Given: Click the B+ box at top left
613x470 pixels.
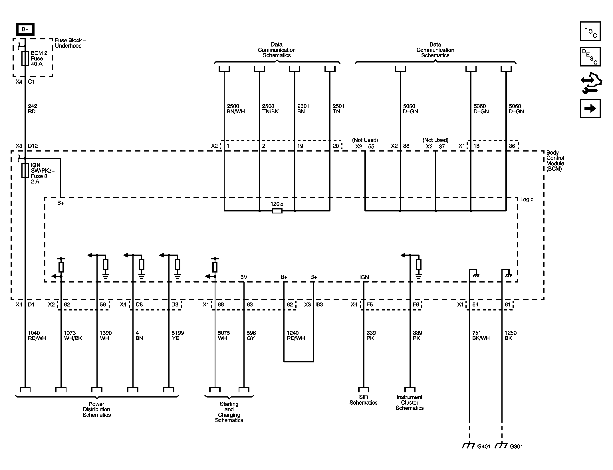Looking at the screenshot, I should pyautogui.click(x=25, y=29).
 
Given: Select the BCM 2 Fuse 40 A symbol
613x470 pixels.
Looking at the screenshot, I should pyautogui.click(x=25, y=59).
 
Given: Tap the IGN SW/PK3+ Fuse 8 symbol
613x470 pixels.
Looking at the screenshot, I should pyautogui.click(x=25, y=171).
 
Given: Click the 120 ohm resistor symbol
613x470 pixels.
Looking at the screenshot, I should pyautogui.click(x=277, y=211).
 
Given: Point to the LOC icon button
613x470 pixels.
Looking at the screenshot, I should pyautogui.click(x=590, y=31).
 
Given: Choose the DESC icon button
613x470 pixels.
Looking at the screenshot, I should pyautogui.click(x=590, y=57).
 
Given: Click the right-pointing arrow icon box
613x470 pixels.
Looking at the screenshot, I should pyautogui.click(x=590, y=108).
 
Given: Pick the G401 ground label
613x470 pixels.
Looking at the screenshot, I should pyautogui.click(x=483, y=447).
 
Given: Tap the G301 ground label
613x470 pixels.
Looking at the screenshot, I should pyautogui.click(x=516, y=447).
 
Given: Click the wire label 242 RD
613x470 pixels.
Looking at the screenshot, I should pyautogui.click(x=32, y=109).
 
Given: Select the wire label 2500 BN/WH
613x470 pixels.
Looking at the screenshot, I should pyautogui.click(x=236, y=109).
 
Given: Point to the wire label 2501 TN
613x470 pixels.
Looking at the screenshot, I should pyautogui.click(x=338, y=109).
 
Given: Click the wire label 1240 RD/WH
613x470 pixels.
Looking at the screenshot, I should pyautogui.click(x=296, y=336).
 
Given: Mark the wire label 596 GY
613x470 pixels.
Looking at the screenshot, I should pyautogui.click(x=251, y=336).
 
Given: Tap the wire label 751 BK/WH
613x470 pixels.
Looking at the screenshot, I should pyautogui.click(x=481, y=336).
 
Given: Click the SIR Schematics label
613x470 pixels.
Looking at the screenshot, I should pyautogui.click(x=363, y=400).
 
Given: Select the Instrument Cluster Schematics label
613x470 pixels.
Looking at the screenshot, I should pyautogui.click(x=410, y=403).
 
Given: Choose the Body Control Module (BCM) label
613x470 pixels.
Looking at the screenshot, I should pyautogui.click(x=555, y=161).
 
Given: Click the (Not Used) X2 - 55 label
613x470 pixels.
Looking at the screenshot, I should pyautogui.click(x=365, y=143).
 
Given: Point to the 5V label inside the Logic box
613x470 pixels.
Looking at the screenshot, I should pyautogui.click(x=244, y=277).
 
